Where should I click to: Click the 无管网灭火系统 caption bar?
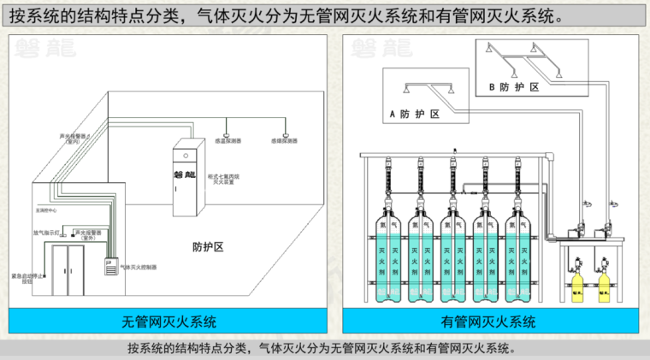(168, 322)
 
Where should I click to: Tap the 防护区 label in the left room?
(207, 247)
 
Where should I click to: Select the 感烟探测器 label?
(285, 140)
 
